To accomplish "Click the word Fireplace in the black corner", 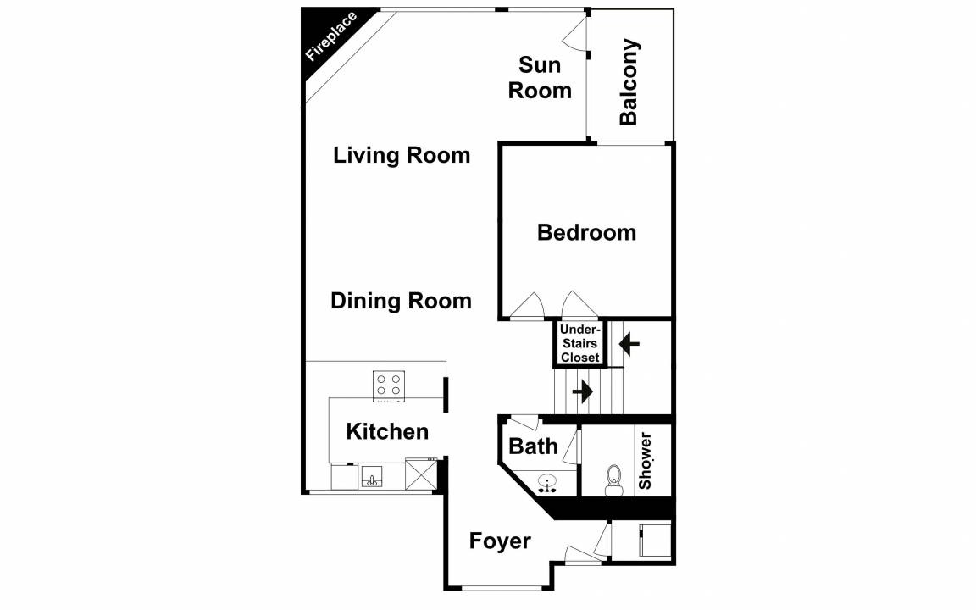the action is [x=331, y=36].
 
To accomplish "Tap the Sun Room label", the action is [x=540, y=78].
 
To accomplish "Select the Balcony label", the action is [x=629, y=81].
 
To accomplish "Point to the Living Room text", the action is [x=402, y=155].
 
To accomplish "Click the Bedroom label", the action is [x=586, y=232].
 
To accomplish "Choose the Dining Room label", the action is [x=401, y=301].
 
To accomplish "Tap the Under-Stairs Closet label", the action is [x=580, y=344].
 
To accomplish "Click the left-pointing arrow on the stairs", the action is [x=629, y=343].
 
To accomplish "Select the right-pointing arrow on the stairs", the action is [x=583, y=391].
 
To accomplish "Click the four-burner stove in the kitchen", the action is [x=389, y=385].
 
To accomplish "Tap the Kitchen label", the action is [x=387, y=431].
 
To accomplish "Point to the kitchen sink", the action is [x=372, y=477].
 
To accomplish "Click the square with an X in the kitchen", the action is [x=420, y=474].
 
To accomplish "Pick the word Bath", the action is [x=534, y=446].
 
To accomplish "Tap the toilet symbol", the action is [x=613, y=480].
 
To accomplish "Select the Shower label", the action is [x=645, y=461].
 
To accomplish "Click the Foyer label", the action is [x=500, y=541].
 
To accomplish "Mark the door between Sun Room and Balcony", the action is [x=577, y=34].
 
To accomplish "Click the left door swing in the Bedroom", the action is [x=528, y=305].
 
